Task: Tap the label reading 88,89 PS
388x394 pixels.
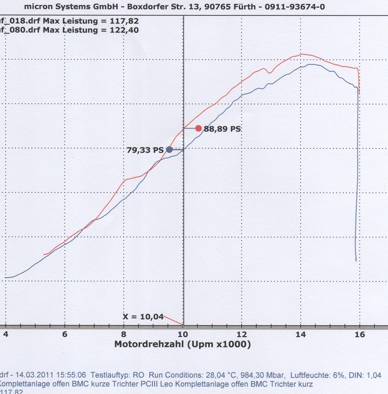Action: tap(222, 129)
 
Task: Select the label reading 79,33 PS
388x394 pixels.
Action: tap(145, 150)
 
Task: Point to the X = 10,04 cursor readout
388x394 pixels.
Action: tap(143, 316)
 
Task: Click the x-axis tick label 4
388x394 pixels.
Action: tap(6, 334)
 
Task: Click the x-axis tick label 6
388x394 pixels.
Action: tap(65, 334)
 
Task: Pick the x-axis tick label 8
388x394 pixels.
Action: tap(124, 334)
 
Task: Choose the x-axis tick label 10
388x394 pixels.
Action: tap(183, 334)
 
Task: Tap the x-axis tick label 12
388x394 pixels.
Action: tap(242, 334)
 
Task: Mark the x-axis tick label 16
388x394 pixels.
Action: tap(359, 334)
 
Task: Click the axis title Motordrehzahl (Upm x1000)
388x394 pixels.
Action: tap(182, 344)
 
